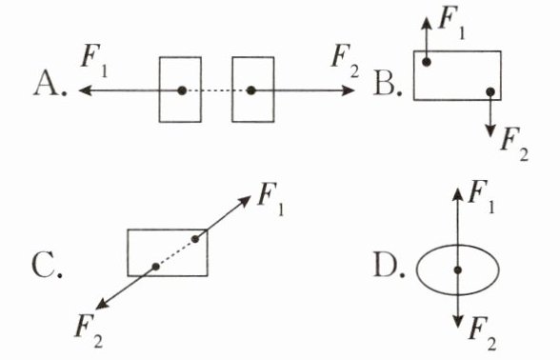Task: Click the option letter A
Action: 46,83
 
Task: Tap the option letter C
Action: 44,265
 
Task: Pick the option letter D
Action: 386,265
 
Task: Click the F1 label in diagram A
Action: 94,61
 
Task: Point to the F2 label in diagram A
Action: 345,61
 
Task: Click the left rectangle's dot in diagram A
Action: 182,90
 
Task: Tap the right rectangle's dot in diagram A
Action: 251,90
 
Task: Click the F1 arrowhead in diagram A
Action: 84,90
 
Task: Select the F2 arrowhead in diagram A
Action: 349,90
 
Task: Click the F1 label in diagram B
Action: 451,23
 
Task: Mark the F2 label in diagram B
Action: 514,144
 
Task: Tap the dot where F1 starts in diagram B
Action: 426,62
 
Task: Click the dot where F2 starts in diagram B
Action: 490,91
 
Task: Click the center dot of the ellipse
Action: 458,270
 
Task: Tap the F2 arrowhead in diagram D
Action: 458,322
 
